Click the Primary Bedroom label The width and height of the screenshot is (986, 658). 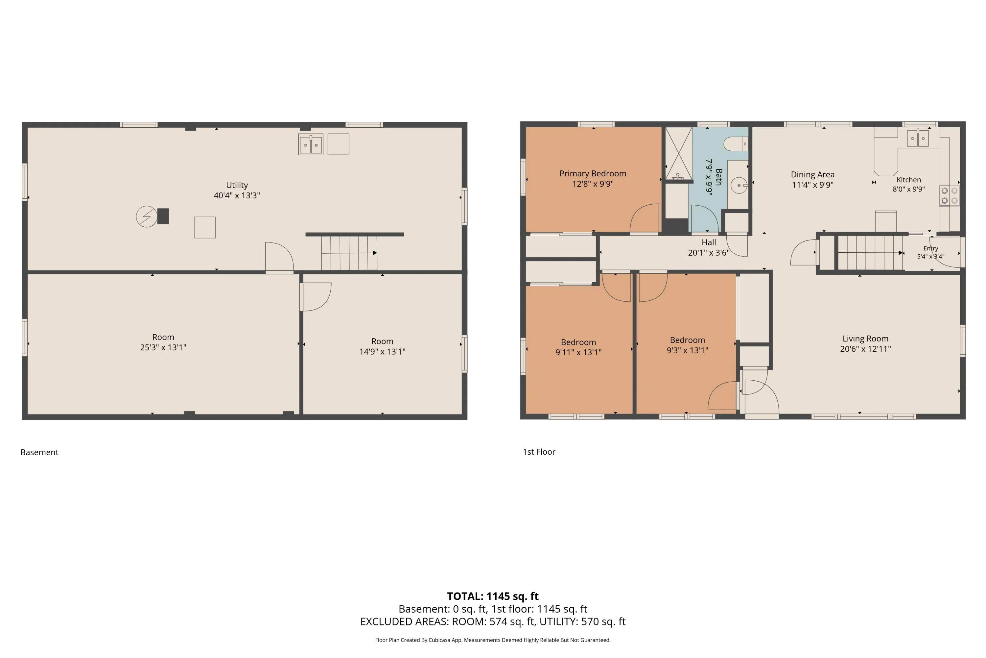tap(593, 173)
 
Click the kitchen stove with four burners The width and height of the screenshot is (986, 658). tap(949, 195)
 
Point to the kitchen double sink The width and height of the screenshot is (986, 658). tap(918, 138)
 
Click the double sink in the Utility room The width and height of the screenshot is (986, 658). tap(311, 144)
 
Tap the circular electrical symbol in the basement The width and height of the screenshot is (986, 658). tap(147, 216)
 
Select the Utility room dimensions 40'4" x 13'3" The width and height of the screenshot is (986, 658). tap(237, 195)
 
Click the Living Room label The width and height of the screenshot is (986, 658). tap(865, 339)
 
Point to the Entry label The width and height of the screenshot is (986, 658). tap(931, 248)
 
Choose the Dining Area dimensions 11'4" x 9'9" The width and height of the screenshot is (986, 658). tap(812, 185)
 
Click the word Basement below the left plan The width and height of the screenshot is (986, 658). tap(39, 452)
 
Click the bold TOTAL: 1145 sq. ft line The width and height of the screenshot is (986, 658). tap(493, 596)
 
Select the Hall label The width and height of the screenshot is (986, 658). tap(709, 242)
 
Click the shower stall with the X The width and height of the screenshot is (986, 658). tap(679, 154)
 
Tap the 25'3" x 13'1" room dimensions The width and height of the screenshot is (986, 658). tap(163, 347)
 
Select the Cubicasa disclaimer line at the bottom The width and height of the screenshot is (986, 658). tap(493, 640)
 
